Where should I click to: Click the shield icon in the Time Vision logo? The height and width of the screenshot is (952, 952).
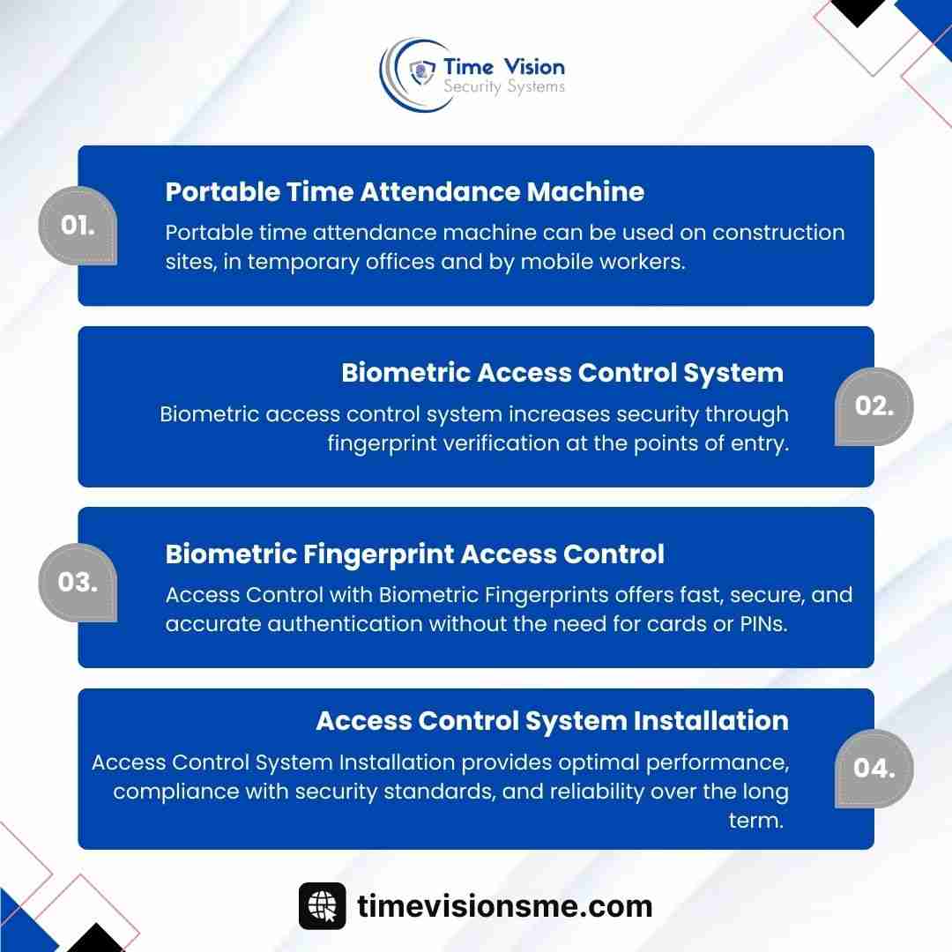pos(422,72)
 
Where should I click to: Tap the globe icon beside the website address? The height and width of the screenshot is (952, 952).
pos(322,906)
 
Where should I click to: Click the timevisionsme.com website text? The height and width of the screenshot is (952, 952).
pos(504,906)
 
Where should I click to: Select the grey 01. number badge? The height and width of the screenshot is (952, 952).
pos(78,226)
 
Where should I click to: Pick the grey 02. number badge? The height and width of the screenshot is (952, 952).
pos(874,406)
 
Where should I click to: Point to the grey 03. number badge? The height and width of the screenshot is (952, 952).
pos(78,583)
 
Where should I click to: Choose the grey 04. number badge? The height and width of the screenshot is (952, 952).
pos(874,768)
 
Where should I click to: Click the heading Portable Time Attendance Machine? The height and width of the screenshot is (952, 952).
pos(405,192)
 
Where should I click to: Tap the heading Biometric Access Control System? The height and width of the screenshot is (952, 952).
pos(562,373)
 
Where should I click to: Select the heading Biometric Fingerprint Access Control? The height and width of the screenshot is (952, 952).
pos(414,554)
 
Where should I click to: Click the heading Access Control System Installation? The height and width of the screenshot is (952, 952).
pos(553,721)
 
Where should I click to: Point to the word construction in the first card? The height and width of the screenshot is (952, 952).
pos(778,233)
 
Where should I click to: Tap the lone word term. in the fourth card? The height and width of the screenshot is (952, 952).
pos(756,821)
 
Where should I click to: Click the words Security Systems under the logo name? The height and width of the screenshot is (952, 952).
pos(504,86)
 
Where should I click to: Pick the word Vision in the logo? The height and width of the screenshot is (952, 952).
pos(535,66)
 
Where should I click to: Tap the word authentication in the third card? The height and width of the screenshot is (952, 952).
pos(345,624)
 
